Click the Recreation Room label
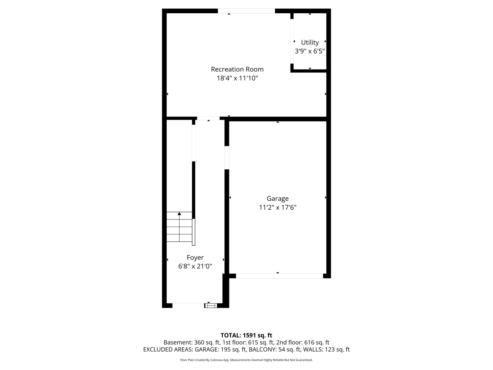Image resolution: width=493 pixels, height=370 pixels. click(x=237, y=69)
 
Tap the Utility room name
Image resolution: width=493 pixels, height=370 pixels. click(x=310, y=42)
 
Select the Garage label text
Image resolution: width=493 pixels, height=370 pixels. click(x=278, y=199)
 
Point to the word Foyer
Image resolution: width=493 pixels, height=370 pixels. click(x=195, y=258)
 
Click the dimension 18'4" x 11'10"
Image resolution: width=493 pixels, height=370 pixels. click(x=237, y=78)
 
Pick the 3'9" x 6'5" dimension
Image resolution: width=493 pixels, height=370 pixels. click(x=310, y=51)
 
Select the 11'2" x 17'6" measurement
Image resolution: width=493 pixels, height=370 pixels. click(x=278, y=207)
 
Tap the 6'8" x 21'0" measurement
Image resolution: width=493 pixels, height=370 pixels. click(x=195, y=266)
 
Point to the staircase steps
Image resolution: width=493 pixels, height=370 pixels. click(x=179, y=227)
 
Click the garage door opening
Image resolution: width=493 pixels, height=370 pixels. click(x=279, y=276)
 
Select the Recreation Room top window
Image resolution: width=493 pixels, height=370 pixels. click(x=246, y=11)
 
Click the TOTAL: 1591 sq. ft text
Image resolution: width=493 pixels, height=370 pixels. click(x=246, y=335)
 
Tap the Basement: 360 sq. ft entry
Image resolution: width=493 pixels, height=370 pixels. click(x=192, y=343)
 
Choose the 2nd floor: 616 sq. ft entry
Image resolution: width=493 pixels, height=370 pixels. click(x=303, y=343)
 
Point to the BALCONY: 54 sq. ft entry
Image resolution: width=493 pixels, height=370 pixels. click(x=275, y=349)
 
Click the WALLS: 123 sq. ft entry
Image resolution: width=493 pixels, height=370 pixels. click(x=326, y=349)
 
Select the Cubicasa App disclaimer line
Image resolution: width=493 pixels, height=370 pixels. click(x=246, y=360)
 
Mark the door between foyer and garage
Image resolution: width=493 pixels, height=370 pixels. click(x=227, y=158)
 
